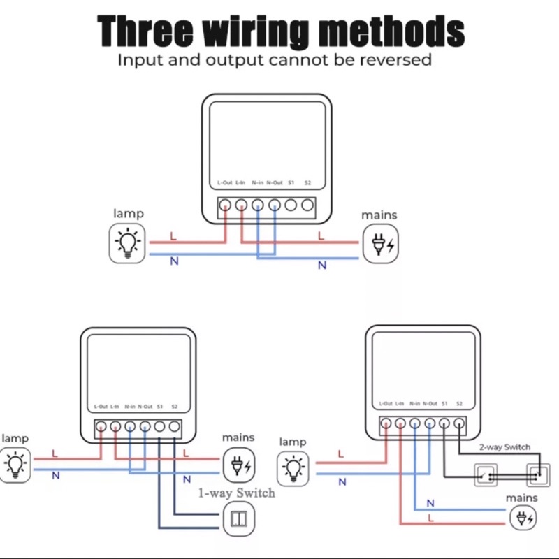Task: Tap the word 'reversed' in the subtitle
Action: click(x=395, y=59)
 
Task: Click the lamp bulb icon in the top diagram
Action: click(x=127, y=243)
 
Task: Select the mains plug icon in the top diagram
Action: click(x=380, y=244)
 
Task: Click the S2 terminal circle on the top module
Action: click(x=307, y=205)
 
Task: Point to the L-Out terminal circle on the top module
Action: click(x=225, y=205)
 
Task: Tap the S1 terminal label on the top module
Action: click(x=291, y=182)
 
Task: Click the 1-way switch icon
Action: click(x=239, y=518)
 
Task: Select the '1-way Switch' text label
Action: click(x=236, y=493)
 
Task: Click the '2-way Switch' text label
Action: click(x=504, y=447)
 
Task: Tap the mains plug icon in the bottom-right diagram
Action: click(x=523, y=518)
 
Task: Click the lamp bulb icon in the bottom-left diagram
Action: click(x=15, y=465)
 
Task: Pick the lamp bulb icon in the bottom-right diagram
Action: click(x=293, y=469)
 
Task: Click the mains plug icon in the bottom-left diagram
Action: click(x=239, y=465)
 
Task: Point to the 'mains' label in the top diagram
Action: click(x=379, y=215)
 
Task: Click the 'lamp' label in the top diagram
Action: click(x=129, y=214)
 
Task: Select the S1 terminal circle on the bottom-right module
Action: click(x=444, y=423)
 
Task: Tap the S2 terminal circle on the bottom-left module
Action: click(x=174, y=426)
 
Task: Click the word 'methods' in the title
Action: click(x=391, y=31)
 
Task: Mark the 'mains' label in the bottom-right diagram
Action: click(x=521, y=498)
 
